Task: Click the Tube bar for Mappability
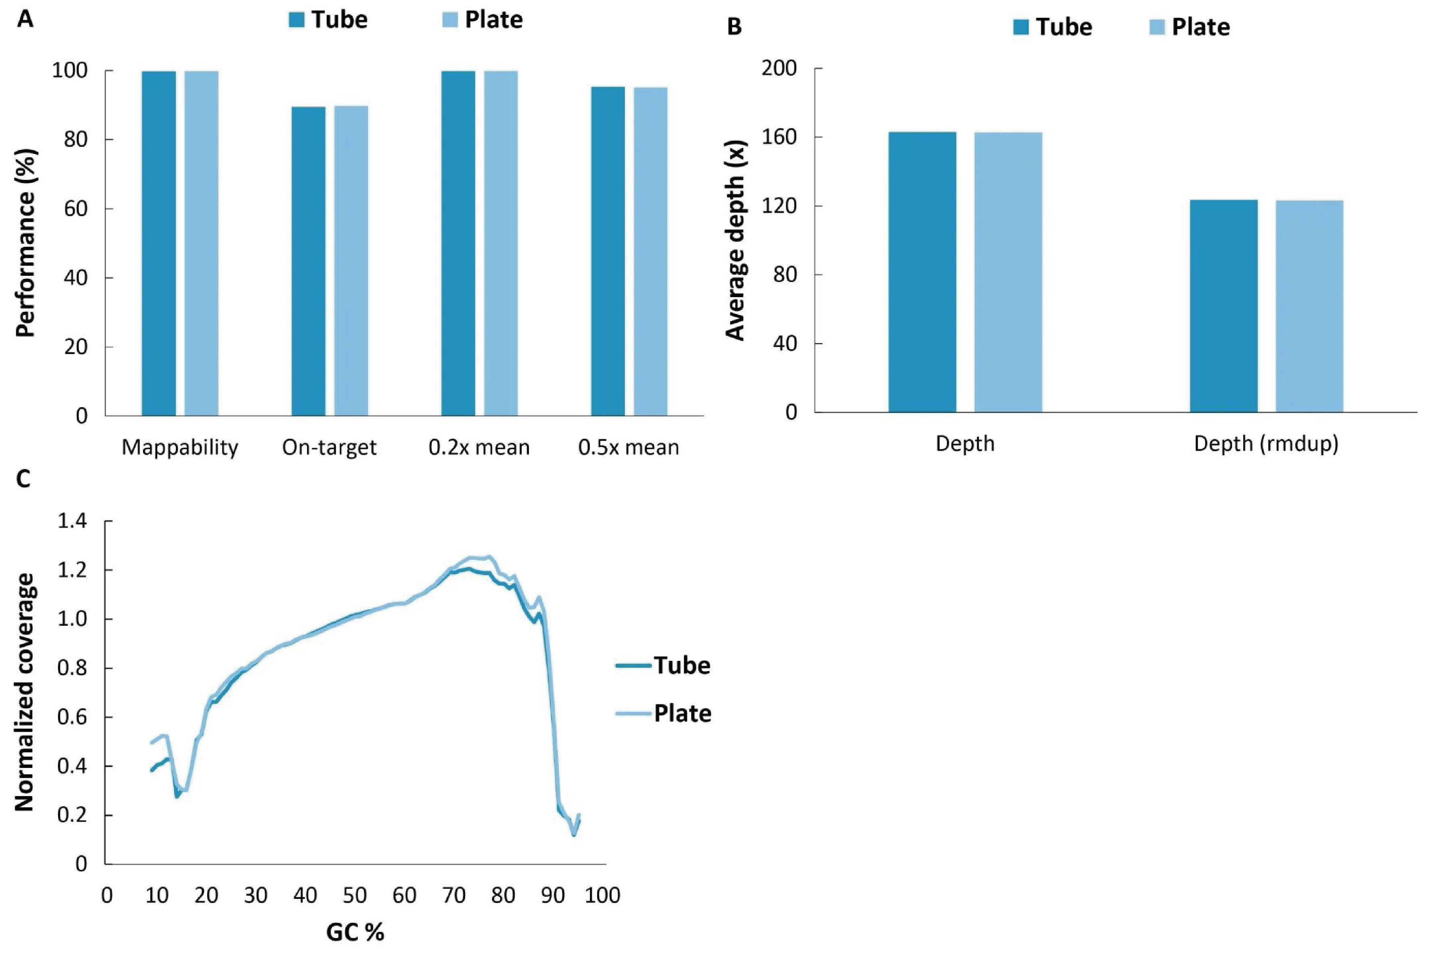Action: (158, 243)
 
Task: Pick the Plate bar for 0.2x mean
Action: (501, 243)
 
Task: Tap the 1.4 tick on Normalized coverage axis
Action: (72, 521)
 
